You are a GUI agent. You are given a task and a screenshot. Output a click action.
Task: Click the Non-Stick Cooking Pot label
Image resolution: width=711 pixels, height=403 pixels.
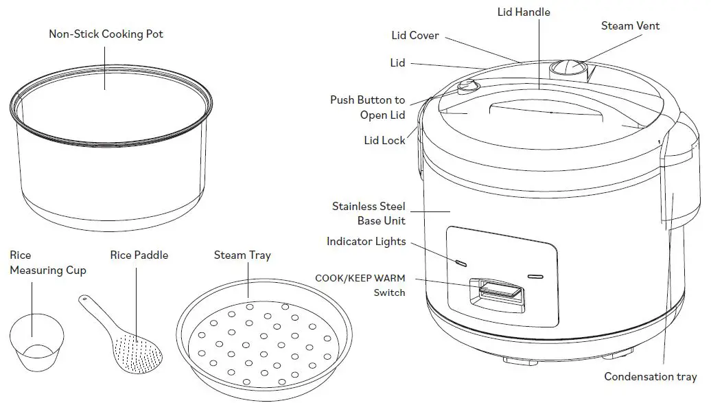tap(106, 34)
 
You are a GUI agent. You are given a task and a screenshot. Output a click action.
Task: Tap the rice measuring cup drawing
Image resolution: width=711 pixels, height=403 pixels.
tap(37, 343)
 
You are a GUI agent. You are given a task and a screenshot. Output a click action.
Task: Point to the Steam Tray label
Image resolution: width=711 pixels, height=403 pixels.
tap(242, 255)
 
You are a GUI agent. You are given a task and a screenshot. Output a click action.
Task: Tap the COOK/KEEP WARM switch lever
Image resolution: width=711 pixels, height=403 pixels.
tap(500, 290)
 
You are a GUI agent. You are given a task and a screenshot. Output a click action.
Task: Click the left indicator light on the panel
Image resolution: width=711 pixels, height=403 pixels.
tap(461, 263)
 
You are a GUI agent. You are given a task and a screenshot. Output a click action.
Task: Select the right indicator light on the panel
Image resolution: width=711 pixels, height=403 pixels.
tap(535, 277)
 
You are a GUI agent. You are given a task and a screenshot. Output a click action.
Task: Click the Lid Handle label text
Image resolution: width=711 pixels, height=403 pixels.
tap(524, 12)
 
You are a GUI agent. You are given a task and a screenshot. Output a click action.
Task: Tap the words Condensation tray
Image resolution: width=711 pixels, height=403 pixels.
tap(650, 377)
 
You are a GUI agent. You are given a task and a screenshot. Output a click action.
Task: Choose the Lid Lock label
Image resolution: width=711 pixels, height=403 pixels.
tap(384, 140)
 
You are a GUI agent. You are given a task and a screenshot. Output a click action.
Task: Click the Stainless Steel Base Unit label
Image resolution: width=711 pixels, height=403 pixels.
tap(369, 214)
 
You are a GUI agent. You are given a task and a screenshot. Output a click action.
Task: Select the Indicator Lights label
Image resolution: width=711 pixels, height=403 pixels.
tap(366, 242)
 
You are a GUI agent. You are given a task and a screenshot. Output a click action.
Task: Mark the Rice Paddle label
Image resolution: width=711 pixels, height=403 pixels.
tap(139, 255)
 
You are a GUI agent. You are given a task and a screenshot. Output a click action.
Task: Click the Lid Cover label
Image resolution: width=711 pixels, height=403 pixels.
tap(415, 36)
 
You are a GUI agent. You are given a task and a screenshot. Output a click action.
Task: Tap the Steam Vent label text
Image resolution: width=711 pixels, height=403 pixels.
tap(630, 26)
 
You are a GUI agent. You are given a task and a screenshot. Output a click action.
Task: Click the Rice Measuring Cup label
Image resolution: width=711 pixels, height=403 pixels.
tap(47, 263)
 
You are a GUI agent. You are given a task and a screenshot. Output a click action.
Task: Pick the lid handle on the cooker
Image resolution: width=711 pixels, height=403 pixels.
tap(546, 110)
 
